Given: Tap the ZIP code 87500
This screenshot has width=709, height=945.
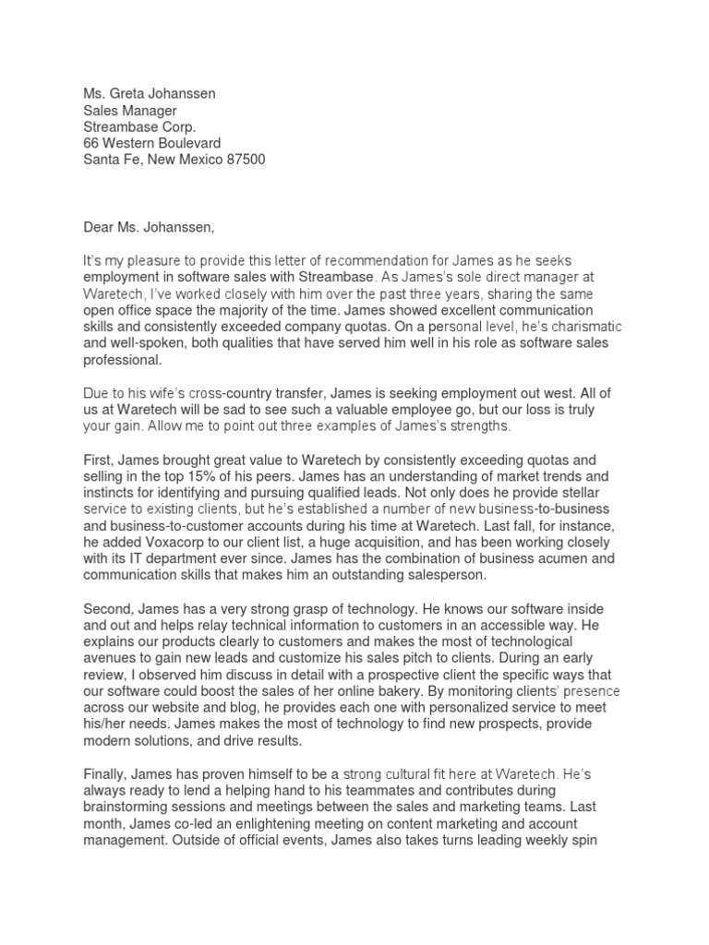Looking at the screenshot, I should pyautogui.click(x=240, y=160).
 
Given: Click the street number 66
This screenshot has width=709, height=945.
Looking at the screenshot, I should pyautogui.click(x=92, y=143).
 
